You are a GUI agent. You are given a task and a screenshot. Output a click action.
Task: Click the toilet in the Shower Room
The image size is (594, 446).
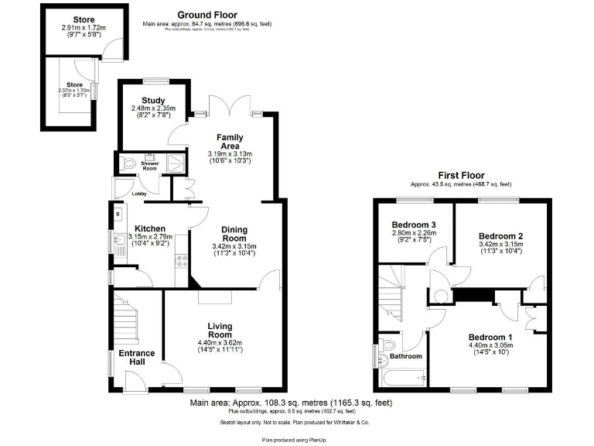tap(128, 163)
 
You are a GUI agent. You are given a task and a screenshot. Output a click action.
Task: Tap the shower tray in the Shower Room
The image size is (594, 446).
tap(176, 163)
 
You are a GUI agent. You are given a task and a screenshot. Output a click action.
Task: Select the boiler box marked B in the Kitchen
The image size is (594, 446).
tap(118, 214)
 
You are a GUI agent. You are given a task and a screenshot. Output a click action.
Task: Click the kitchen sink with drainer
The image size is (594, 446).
tap(120, 248)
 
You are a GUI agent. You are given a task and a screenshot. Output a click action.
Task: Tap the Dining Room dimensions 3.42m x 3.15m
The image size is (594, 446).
tap(234, 247)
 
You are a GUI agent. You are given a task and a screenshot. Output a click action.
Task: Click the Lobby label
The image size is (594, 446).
tap(139, 194)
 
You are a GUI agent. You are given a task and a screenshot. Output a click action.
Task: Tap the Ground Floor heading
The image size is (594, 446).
tap(207, 15)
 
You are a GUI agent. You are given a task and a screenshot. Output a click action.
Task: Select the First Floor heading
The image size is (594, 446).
tap(461, 175)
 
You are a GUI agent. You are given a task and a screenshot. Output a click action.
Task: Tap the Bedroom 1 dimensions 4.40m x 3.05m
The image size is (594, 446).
tap(490, 345)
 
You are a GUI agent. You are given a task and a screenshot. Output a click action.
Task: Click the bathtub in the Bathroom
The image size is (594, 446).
tap(402, 379)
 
